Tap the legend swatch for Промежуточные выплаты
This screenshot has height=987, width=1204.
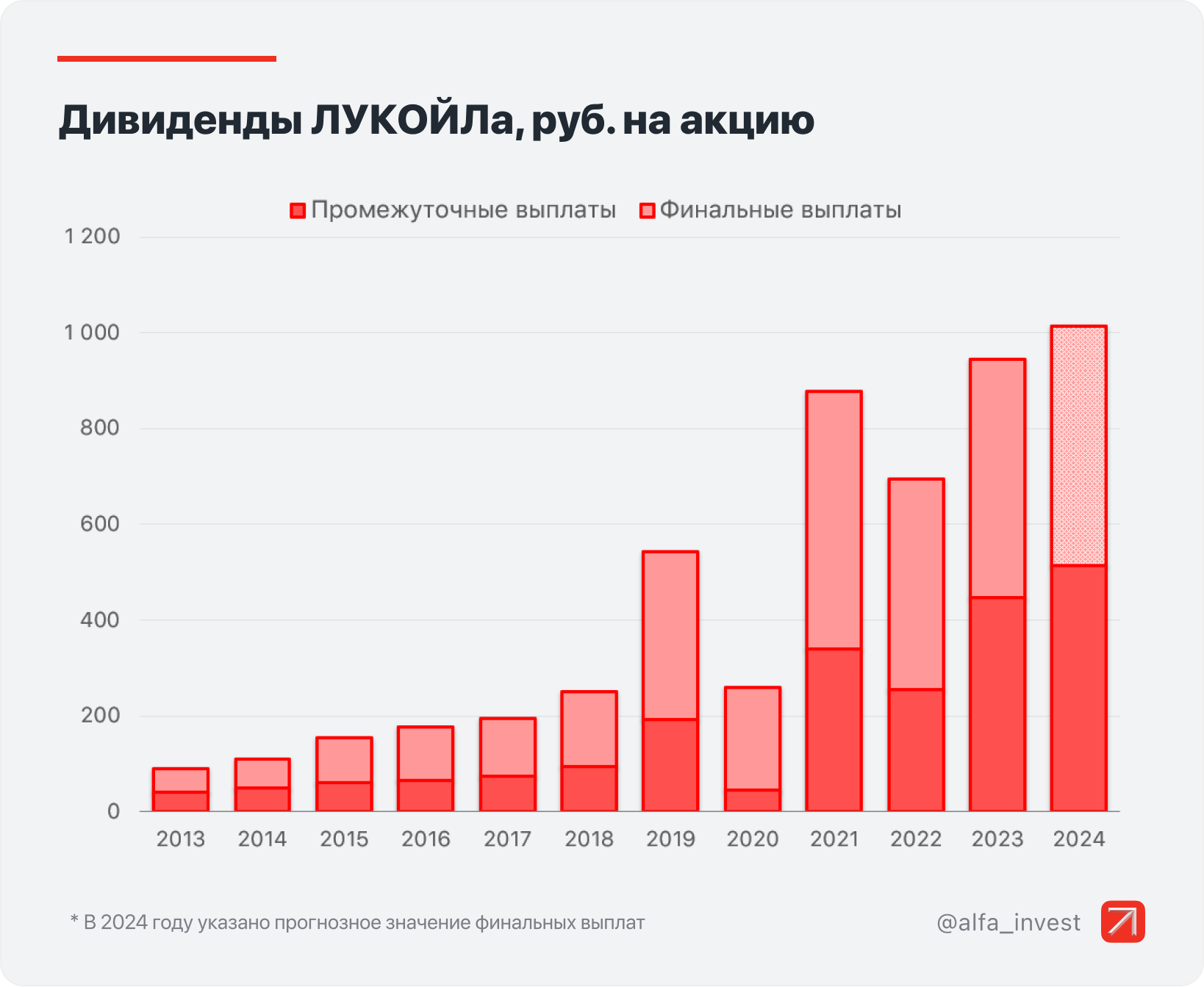298,211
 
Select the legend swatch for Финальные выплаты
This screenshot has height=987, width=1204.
647,211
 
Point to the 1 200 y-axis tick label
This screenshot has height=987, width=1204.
93,237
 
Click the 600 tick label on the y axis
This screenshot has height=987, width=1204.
100,524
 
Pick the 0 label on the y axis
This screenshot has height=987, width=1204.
113,811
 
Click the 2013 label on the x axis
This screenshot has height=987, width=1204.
181,839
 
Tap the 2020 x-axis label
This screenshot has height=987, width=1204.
753,839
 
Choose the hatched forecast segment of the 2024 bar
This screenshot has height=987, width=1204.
1078,445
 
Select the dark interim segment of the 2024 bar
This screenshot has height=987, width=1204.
1078,688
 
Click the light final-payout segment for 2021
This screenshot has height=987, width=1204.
834,520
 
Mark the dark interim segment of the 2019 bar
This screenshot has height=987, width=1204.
670,765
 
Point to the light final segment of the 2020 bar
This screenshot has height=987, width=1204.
753,739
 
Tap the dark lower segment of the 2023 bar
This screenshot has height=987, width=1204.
997,704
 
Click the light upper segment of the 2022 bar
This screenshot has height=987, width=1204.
916,584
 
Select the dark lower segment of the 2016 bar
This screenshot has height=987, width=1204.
426,796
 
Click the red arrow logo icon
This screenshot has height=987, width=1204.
1122,922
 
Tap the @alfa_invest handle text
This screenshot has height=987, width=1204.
1008,922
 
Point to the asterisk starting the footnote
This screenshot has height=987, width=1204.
74,920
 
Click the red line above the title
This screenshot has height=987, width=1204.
167,59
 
